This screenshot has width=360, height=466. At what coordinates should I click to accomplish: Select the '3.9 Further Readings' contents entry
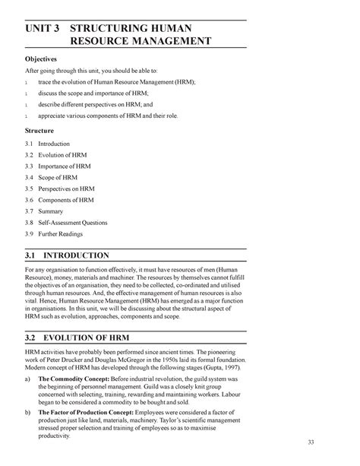[57, 236]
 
